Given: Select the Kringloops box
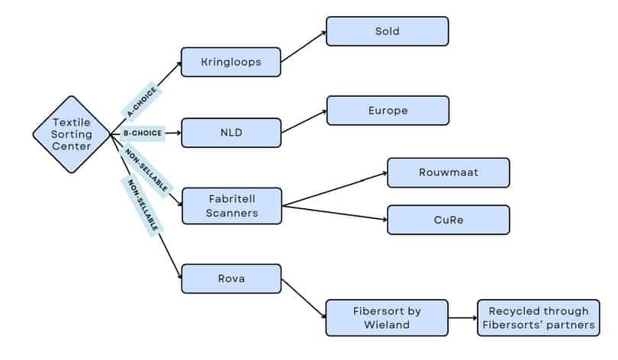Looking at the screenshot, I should point(230,62).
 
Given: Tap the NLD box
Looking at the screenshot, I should point(230,133).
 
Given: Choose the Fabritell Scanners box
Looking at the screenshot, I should point(232,206).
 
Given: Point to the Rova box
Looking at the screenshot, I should point(231,278).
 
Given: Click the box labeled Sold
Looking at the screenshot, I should point(387,31).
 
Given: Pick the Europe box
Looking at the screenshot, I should point(388,110).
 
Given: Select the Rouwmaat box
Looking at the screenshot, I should point(448,172).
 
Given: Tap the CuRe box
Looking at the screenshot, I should point(448,220).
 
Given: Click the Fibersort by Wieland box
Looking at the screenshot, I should point(386,317).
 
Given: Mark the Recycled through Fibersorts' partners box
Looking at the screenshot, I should point(538,317).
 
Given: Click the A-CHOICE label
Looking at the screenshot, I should point(141,102).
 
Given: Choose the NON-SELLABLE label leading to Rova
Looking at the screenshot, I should point(143,204).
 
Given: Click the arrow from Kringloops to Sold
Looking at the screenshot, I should point(304,47).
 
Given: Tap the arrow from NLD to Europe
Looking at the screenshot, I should point(304,122).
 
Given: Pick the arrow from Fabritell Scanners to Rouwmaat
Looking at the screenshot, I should point(334,189).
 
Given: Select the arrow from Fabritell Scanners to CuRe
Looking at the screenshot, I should point(334,213).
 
